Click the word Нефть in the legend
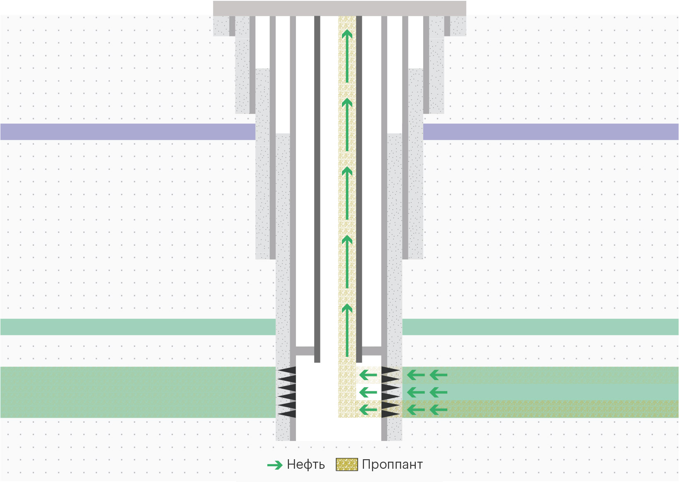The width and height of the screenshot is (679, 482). (x=306, y=465)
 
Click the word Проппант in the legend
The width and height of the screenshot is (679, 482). (x=392, y=465)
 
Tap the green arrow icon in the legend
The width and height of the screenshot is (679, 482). (x=275, y=465)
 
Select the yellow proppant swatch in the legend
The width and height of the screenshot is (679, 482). (x=347, y=465)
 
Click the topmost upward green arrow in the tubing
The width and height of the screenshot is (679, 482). (x=347, y=56)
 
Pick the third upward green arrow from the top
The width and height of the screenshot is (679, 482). (x=347, y=193)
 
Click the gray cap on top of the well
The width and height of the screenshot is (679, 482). (x=339, y=8)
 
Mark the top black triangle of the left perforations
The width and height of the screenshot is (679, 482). (x=287, y=371)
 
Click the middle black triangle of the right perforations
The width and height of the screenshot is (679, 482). (x=390, y=392)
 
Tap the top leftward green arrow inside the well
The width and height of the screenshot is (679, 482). (x=368, y=375)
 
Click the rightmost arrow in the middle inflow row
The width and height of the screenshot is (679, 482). (x=438, y=392)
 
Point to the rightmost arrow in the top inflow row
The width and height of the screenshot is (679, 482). (x=438, y=375)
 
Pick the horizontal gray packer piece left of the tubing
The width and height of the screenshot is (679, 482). (x=305, y=351)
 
